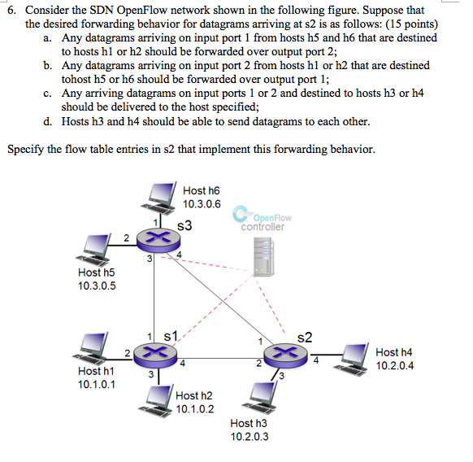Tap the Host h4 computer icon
(356, 353)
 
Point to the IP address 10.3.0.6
(202, 203)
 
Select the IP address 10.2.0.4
(395, 365)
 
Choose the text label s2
(305, 336)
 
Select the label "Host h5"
(96, 273)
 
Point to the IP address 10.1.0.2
(195, 408)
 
